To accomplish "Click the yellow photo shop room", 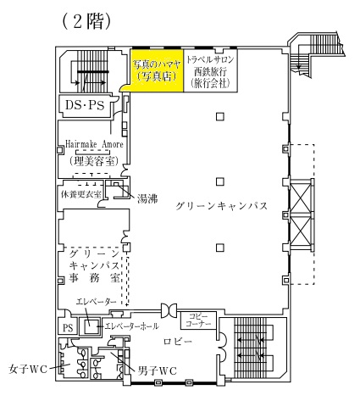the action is click(157, 70).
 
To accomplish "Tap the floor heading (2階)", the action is click(86, 20).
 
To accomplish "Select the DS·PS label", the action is click(85, 105).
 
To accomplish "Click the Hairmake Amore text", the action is click(94, 144).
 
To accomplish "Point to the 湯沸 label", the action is click(147, 198).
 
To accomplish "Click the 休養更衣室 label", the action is click(80, 194).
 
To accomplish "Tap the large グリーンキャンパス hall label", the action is click(221, 206).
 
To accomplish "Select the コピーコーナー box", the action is click(198, 320).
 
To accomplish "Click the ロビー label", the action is click(178, 342).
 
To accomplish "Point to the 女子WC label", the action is click(28, 370).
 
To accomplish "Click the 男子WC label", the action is click(158, 370).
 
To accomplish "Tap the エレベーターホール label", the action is click(131, 326).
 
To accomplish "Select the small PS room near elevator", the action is click(68, 327).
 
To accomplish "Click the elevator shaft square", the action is click(90, 326).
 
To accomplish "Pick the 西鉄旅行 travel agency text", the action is click(210, 71).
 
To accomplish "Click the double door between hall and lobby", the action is click(169, 310).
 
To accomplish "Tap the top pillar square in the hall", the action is click(220, 116).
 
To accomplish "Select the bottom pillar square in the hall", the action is click(220, 248).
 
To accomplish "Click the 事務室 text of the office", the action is click(95, 279).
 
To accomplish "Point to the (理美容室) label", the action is click(93, 161).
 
